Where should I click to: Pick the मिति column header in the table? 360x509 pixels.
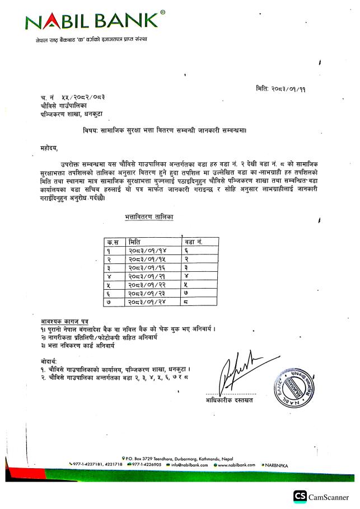click(x=134, y=242)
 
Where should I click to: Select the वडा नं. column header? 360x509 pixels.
click(x=193, y=242)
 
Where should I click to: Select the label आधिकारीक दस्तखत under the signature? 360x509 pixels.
click(x=229, y=400)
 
